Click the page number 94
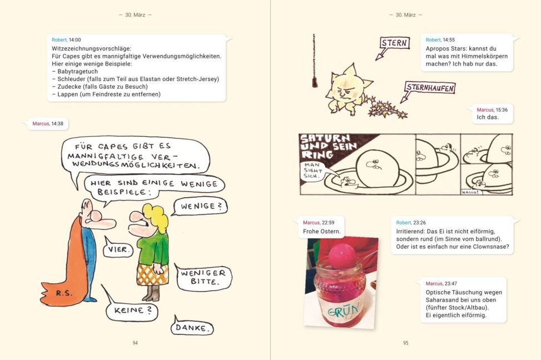pos(135,343)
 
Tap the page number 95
pos(406,343)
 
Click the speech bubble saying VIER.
pos(118,248)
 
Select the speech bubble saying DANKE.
pos(192,327)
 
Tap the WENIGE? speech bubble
pos(200,207)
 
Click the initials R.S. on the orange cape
pos(64,293)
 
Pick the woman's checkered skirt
pos(152,274)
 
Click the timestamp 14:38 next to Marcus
pos(57,123)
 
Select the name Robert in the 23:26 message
pos(403,222)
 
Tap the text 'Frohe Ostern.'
pos(321,231)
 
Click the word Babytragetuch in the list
pos(78,71)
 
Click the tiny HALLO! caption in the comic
pos(470,192)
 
